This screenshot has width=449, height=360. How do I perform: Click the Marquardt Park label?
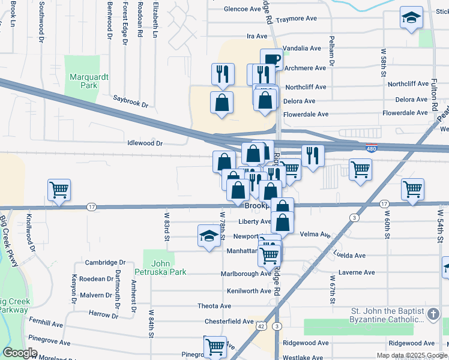[83, 81]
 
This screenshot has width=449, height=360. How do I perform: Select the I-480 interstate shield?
[372, 148]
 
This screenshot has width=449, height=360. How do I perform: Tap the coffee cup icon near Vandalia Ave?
[271, 59]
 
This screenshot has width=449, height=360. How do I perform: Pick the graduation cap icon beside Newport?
[208, 235]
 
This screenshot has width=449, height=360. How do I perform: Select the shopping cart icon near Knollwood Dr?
[59, 190]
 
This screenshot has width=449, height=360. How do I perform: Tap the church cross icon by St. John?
[433, 314]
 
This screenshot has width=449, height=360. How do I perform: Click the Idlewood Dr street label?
[145, 143]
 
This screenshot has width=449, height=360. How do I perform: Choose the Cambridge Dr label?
[105, 263]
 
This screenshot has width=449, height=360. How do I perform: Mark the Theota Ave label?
[214, 306]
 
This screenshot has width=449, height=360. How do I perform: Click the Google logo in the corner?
[20, 353]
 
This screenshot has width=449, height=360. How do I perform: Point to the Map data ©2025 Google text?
[411, 355]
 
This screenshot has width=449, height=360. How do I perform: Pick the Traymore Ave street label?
[295, 19]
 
